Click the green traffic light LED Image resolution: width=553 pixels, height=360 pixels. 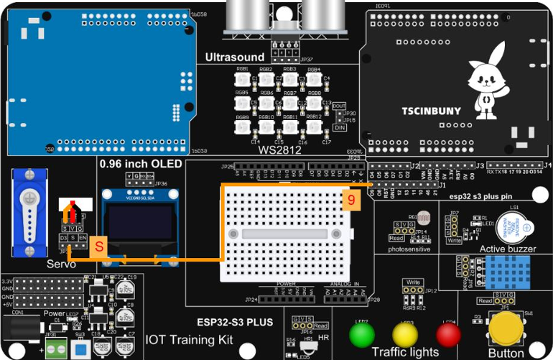coord(361,335)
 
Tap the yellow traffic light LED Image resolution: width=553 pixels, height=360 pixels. coord(405,336)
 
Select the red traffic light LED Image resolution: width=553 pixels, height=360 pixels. coord(448,335)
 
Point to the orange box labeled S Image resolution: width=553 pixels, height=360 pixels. coord(99,245)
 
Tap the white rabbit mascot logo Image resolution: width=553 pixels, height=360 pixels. coord(483,77)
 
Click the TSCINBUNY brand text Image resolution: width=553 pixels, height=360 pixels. coord(431,111)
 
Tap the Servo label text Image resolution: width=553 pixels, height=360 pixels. coord(62,264)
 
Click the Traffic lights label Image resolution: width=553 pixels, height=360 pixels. coord(405,352)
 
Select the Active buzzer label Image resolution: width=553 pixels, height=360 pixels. coord(508,249)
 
